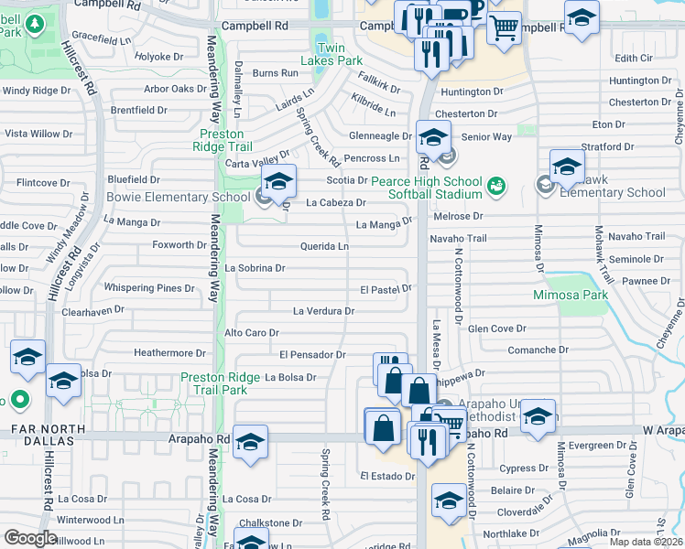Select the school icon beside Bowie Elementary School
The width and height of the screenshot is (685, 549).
point(278,180)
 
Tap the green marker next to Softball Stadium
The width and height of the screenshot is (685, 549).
point(495,187)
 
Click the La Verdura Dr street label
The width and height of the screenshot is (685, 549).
point(323,311)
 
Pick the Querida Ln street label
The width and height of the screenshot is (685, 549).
point(324,246)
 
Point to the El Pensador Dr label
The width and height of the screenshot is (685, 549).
point(312,354)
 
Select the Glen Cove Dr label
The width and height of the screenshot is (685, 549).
point(497,328)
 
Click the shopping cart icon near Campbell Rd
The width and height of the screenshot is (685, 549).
point(503,28)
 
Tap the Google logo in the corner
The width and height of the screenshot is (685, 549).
point(30,538)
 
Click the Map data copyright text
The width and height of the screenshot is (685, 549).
point(646,542)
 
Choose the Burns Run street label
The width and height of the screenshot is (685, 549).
point(276,72)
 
